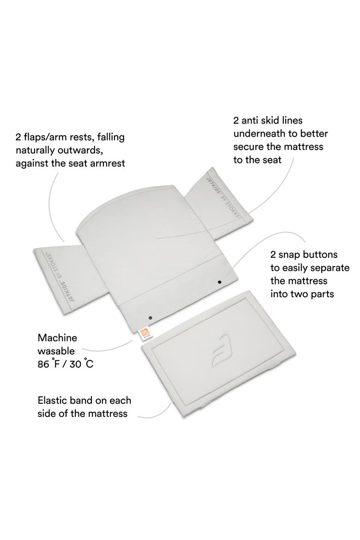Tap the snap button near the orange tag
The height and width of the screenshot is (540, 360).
(x=150, y=317)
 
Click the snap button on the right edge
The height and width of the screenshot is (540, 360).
(x=220, y=282)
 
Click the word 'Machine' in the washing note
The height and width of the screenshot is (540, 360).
(x=57, y=337)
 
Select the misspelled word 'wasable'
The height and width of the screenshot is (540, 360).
(x=56, y=351)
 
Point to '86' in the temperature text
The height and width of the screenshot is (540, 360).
(x=43, y=364)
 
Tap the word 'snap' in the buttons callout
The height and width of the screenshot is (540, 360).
(x=290, y=255)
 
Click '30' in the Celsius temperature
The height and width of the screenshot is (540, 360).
(x=75, y=364)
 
